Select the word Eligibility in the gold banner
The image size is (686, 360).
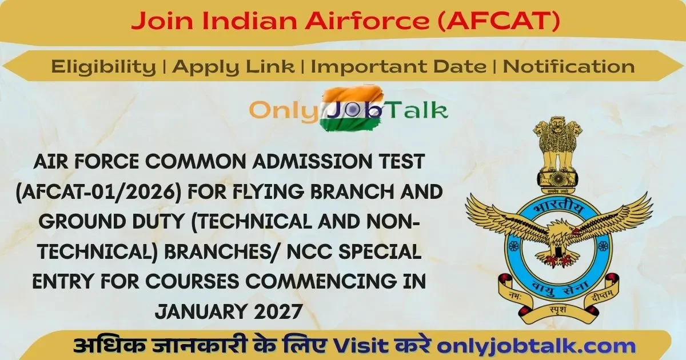click(x=103, y=67)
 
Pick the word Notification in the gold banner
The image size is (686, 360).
click(x=569, y=67)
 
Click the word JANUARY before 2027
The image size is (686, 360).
click(x=200, y=312)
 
